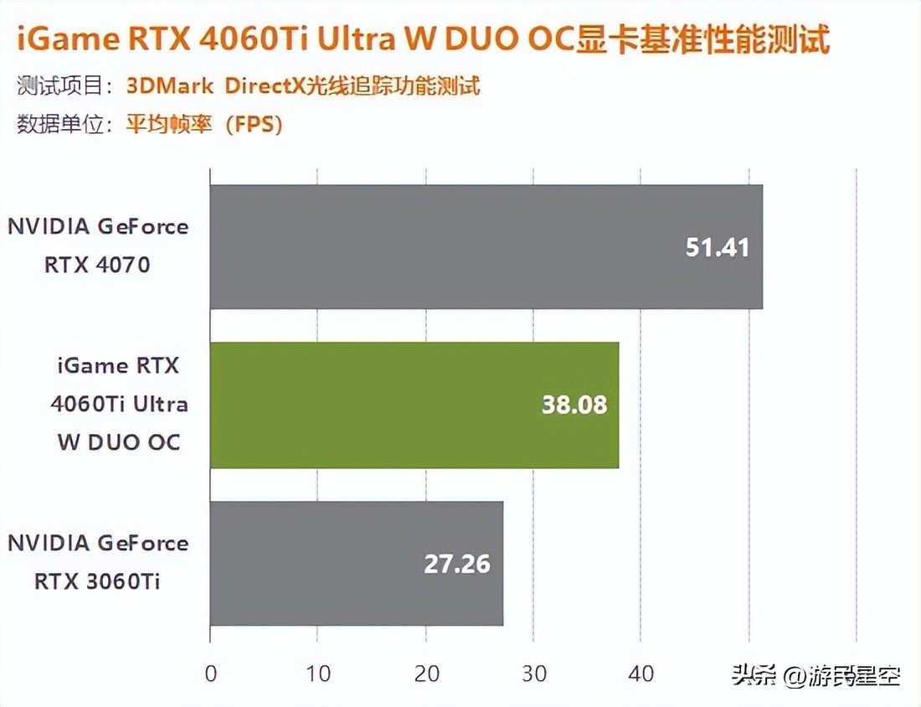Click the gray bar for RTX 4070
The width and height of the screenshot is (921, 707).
486,246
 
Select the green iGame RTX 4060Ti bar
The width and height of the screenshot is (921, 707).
414,405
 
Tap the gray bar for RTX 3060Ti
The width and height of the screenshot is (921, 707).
356,563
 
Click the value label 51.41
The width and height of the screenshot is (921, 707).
717,247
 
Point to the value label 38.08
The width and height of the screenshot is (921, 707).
574,405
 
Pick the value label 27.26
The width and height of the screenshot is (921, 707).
457,563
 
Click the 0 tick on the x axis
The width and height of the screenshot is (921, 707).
210,673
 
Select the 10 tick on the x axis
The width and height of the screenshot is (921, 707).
317,673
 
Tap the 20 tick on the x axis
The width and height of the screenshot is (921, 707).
425,673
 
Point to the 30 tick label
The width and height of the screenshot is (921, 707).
533,673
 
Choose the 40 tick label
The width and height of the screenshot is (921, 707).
641,673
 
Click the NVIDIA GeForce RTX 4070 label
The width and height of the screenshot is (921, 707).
98,246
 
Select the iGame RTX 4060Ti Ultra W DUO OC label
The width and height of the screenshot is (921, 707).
118,404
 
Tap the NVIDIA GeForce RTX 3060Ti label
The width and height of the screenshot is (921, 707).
98,562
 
